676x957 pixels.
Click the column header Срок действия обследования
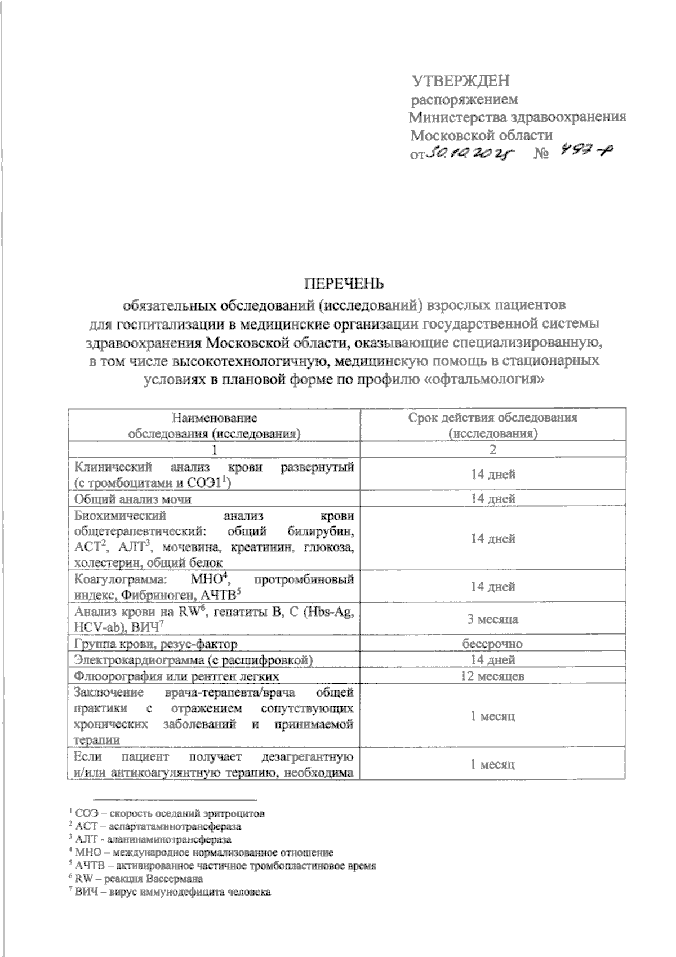pos(493,418)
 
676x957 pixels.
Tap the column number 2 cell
pos(493,450)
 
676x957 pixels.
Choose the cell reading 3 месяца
pos(493,619)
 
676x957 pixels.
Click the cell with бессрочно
pos(493,644)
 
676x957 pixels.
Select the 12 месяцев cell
pos(493,676)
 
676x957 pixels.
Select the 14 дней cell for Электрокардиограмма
pos(493,659)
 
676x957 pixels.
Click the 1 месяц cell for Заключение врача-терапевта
pos(493,716)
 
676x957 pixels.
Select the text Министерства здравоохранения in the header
pos(517,117)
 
